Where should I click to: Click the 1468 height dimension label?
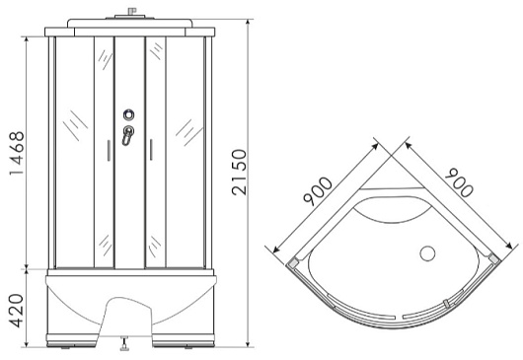[17, 153]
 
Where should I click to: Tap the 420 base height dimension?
[16, 311]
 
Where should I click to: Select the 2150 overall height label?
[240, 172]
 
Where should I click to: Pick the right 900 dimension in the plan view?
[459, 182]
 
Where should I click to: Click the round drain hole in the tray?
[427, 253]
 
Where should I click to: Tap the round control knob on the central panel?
[128, 114]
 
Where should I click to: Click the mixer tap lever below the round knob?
[127, 135]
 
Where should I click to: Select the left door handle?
[109, 151]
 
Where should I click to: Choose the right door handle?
[151, 150]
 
